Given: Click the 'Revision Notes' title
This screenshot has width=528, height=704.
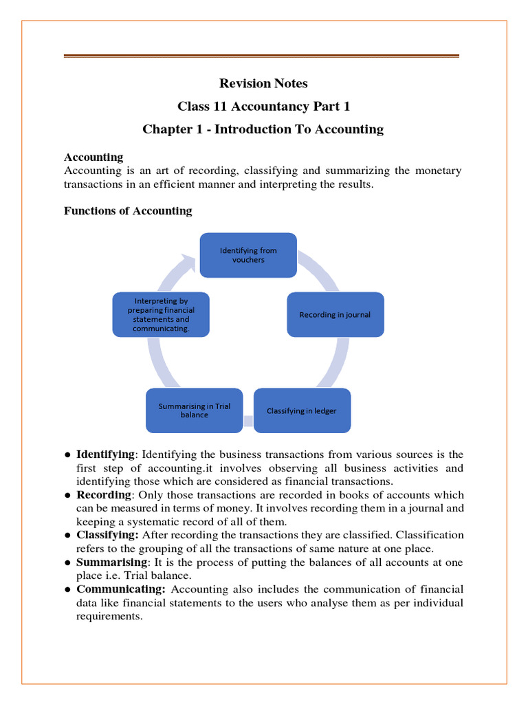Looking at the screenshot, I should tap(263, 83).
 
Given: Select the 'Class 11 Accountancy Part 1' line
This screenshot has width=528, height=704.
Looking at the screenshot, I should tap(263, 106).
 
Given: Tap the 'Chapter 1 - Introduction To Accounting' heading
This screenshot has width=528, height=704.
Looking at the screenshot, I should tap(263, 129).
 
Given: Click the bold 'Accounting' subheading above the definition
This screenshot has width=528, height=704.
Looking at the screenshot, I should tap(93, 157).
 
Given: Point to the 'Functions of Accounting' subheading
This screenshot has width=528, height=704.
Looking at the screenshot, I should tap(128, 211).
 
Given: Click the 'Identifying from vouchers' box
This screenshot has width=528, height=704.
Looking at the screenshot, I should tap(248, 256).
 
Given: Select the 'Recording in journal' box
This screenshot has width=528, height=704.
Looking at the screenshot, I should tap(335, 315).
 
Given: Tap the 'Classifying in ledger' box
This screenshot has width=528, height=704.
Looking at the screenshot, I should tap(302, 410).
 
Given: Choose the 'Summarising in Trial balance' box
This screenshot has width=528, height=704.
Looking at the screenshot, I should tap(195, 410).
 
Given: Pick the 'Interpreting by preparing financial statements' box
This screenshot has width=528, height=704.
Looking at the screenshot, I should tap(162, 315).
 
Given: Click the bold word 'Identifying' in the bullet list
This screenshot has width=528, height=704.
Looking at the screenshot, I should tap(105, 454).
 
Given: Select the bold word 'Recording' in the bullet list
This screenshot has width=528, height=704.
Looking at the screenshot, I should tap(103, 495).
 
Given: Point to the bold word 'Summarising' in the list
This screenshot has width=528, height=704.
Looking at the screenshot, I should tap(106, 562).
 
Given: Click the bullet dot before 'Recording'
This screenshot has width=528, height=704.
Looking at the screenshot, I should tap(67, 496).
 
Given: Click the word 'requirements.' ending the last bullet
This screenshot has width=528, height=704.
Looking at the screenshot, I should tap(109, 616).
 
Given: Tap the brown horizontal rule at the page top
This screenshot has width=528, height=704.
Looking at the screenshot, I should tap(261, 56).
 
